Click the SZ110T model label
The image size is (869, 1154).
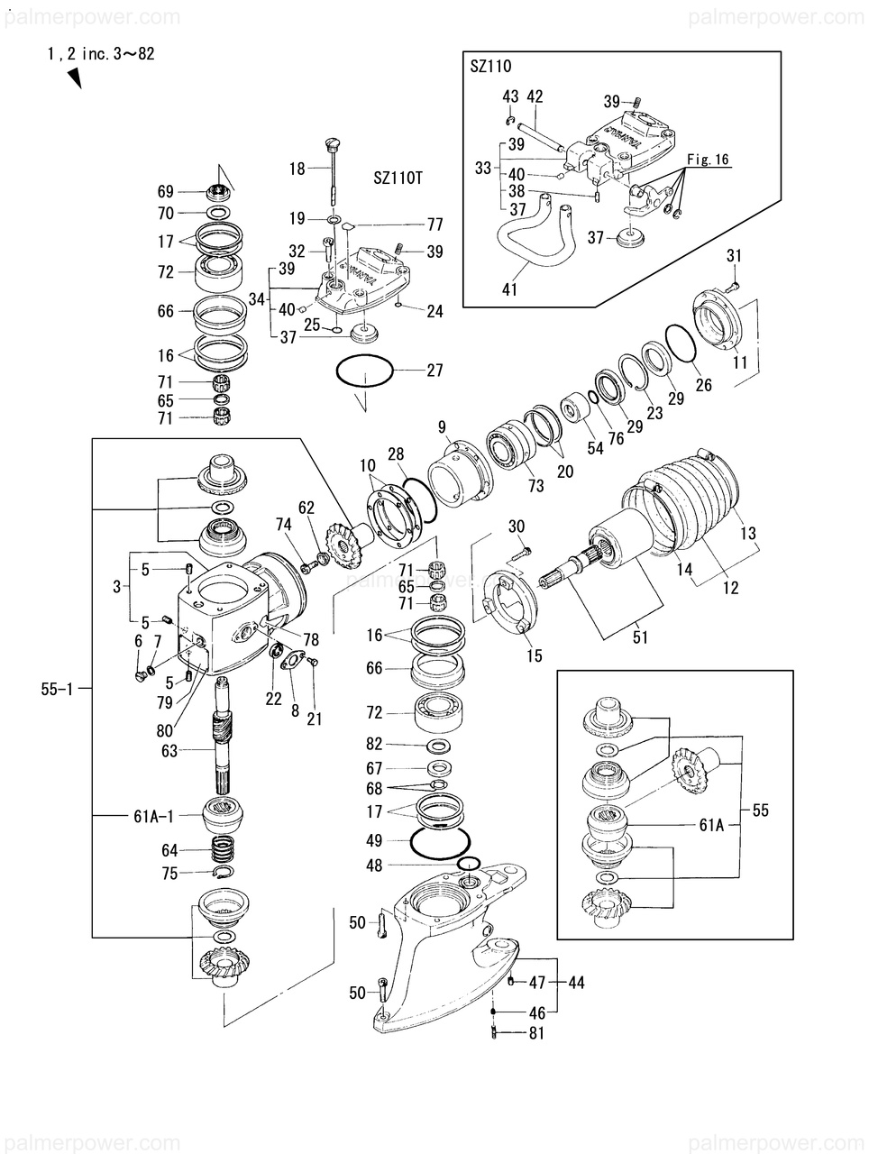(398, 178)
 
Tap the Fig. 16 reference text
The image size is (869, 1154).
(708, 159)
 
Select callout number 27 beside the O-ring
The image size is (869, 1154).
(434, 371)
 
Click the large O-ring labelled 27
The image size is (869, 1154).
(364, 371)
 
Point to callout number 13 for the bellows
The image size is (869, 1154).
(747, 533)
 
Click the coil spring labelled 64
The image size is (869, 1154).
(224, 850)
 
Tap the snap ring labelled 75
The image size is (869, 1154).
(224, 872)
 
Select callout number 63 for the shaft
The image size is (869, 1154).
(169, 751)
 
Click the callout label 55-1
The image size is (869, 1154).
(58, 689)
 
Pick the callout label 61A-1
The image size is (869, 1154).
(153, 817)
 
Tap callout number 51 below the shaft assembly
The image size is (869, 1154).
(640, 637)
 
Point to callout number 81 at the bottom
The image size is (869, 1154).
(536, 1033)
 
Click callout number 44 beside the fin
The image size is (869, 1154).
(576, 982)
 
